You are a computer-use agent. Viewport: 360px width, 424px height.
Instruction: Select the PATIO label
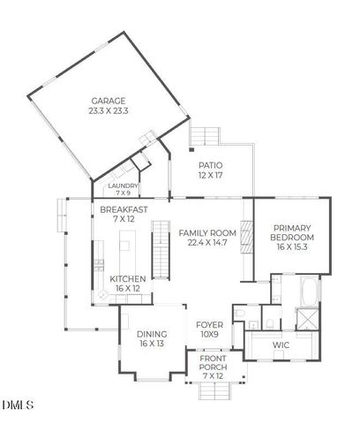coord(210,165)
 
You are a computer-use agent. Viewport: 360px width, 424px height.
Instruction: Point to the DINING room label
coord(152,334)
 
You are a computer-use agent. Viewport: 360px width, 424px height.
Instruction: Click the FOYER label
coord(210,325)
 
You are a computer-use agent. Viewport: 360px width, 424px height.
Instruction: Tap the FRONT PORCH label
coord(213,363)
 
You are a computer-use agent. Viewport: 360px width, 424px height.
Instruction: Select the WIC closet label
coord(281,344)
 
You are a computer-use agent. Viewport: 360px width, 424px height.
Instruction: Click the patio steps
coord(206,135)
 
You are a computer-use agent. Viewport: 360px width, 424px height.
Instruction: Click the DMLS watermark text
coord(19,405)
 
